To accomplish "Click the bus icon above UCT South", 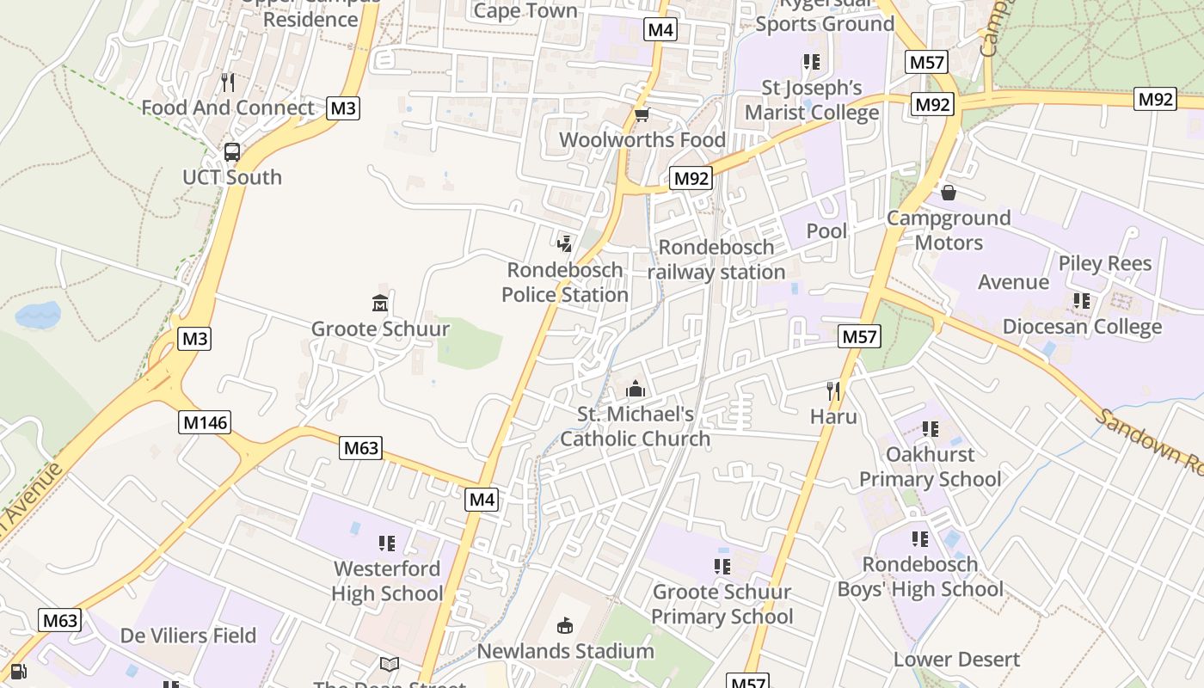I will [x=231, y=152].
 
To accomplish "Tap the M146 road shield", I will [x=205, y=422].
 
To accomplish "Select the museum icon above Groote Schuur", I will [x=380, y=304].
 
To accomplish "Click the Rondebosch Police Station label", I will [x=565, y=282].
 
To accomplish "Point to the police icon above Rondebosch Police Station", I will [x=565, y=243].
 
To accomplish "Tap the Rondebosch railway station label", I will [x=716, y=260].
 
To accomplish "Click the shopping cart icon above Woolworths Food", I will [x=642, y=115].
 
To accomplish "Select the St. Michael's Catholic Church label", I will [x=636, y=427].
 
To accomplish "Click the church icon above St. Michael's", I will [x=636, y=390].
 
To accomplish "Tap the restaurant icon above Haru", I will [x=833, y=391].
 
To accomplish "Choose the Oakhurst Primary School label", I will [x=931, y=466].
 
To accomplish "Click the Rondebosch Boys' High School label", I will [x=920, y=576].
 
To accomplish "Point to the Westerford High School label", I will [x=387, y=580].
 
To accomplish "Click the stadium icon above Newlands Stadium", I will [x=565, y=625].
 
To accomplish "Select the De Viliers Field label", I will [x=188, y=636].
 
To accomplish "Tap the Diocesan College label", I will [x=1082, y=327].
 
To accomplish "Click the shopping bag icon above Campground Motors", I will [x=949, y=193].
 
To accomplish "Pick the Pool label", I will [x=826, y=230].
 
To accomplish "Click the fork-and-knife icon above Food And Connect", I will [x=228, y=83].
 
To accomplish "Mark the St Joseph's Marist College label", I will [x=812, y=100].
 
